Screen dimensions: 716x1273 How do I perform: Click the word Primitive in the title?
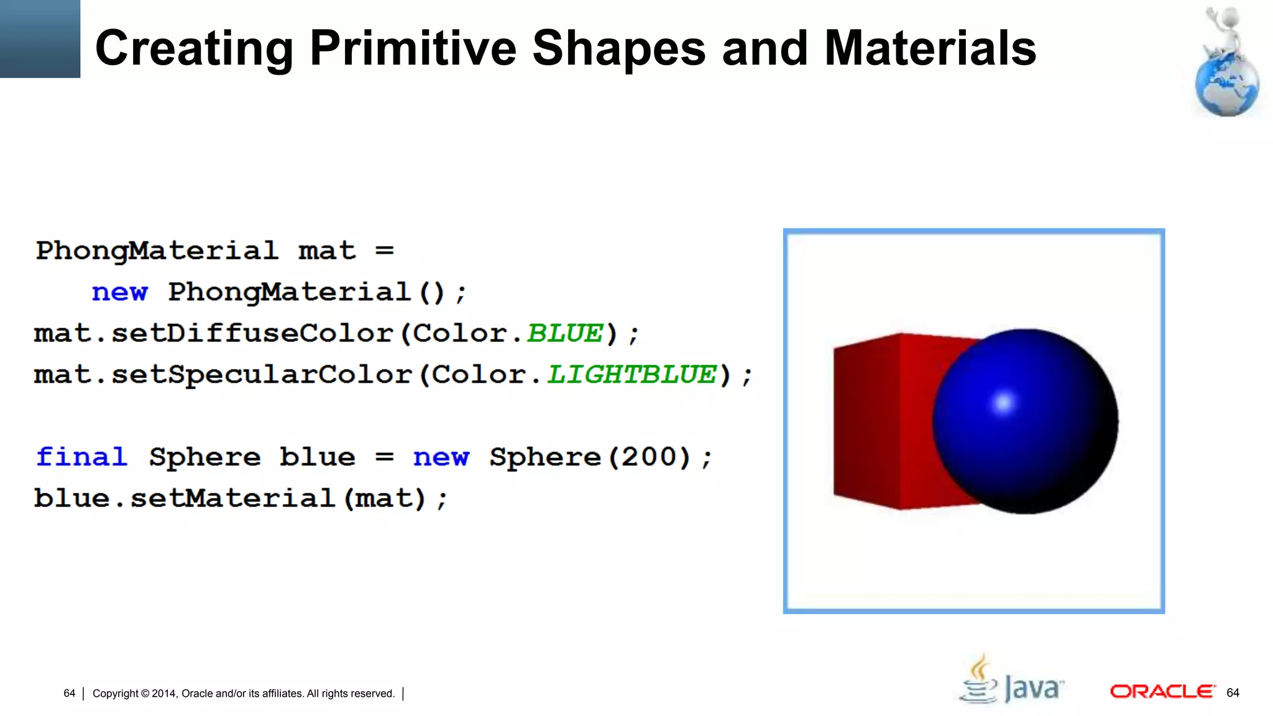click(412, 48)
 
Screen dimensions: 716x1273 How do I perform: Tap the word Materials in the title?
click(930, 48)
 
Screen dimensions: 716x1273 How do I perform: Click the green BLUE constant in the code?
click(565, 334)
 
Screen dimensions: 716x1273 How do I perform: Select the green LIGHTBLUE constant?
click(632, 375)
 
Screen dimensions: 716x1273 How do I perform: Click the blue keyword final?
click(81, 457)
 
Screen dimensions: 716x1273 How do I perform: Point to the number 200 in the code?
click(648, 457)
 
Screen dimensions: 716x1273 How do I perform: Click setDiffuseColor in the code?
click(252, 334)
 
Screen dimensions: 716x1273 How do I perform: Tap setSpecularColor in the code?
click(262, 375)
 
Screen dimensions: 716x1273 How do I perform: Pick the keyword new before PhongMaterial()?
click(120, 292)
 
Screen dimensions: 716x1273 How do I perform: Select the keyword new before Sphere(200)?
click(441, 457)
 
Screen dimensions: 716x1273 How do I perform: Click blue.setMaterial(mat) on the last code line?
click(240, 498)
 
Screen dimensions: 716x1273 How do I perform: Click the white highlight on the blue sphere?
click(1003, 403)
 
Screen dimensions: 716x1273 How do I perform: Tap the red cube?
click(883, 423)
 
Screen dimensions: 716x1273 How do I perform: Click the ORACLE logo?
click(1162, 692)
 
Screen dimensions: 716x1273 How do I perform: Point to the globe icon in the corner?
click(1226, 87)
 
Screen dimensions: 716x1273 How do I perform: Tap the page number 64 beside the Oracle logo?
click(1233, 692)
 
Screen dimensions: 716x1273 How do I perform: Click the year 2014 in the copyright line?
click(163, 694)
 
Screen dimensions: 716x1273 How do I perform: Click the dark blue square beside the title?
click(40, 39)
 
